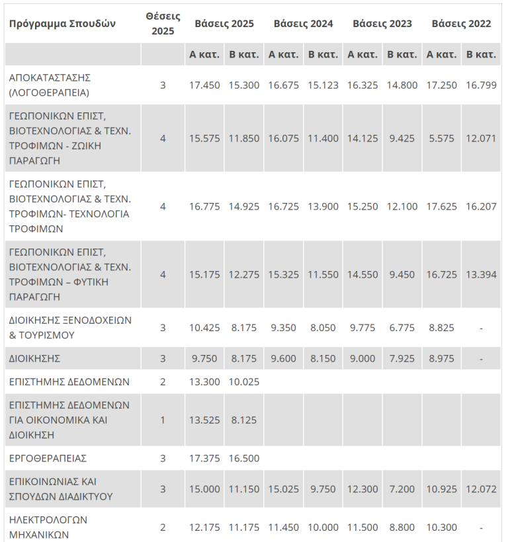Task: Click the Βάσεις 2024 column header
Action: point(303,24)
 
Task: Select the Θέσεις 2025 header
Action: point(163,24)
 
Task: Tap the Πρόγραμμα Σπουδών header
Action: point(62,24)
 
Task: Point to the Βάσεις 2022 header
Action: point(461,24)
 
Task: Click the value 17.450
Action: point(204,85)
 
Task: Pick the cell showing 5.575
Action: point(442,138)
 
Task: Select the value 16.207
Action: point(481,206)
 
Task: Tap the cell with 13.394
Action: point(481,274)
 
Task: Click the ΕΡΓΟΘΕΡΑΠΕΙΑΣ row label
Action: point(48,458)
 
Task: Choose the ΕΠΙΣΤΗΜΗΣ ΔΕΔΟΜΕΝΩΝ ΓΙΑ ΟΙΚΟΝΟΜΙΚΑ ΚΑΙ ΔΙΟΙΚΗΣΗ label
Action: point(69,420)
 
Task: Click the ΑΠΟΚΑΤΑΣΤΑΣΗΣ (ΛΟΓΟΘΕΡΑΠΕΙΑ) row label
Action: point(50,85)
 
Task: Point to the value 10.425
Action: point(204,328)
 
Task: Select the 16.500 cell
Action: point(244,458)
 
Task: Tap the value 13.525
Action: point(204,420)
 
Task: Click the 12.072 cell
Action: point(481,489)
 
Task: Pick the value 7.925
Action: point(402,358)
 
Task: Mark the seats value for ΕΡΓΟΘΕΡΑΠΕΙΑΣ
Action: point(163,458)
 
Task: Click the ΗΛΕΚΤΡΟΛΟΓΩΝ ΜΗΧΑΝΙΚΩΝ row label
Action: point(48,527)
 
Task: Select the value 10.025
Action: point(244,382)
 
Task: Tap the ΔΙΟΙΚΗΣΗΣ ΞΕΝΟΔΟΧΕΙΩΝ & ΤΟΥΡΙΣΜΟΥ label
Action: point(70,328)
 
